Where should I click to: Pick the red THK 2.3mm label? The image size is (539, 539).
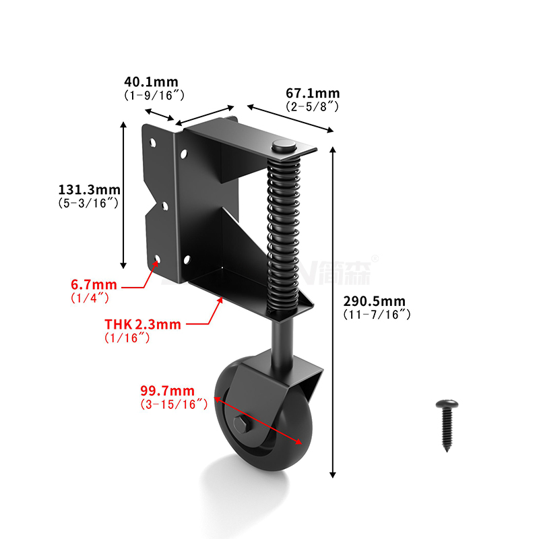point(143,325)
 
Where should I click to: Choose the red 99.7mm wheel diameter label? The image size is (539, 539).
point(167,391)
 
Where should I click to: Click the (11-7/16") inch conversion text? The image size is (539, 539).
point(377,315)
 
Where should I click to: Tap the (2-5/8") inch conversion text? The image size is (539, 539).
point(312,106)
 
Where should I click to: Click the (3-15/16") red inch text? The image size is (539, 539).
point(173,404)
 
